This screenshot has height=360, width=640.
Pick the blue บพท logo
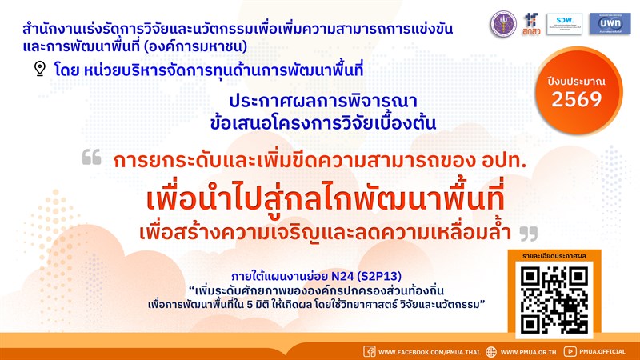pyautogui.click(x=609, y=22)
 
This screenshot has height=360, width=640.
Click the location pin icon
pyautogui.click(x=40, y=69)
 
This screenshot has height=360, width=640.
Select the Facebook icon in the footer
pyautogui.click(x=370, y=351)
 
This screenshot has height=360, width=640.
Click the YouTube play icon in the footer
pyautogui.click(x=570, y=351)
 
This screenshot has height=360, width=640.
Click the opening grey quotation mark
pyautogui.click(x=91, y=159)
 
